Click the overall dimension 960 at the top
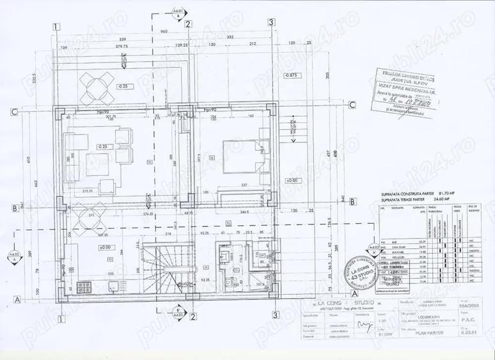[x=163, y=31]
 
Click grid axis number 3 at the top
[x=272, y=22]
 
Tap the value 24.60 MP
[x=443, y=199]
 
